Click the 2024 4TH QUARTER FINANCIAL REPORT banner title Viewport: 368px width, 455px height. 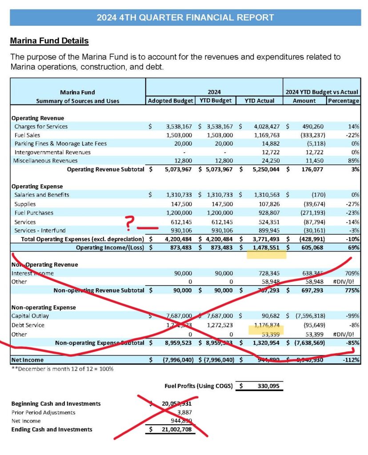(185, 18)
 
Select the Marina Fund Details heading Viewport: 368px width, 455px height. (49, 41)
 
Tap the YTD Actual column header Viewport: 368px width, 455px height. (260, 100)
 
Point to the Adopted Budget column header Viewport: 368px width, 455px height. (171, 100)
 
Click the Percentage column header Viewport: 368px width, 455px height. (343, 100)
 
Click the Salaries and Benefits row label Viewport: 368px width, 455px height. (42, 195)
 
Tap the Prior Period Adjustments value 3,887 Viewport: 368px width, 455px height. (183, 412)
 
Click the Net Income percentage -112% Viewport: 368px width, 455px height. (349, 359)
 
